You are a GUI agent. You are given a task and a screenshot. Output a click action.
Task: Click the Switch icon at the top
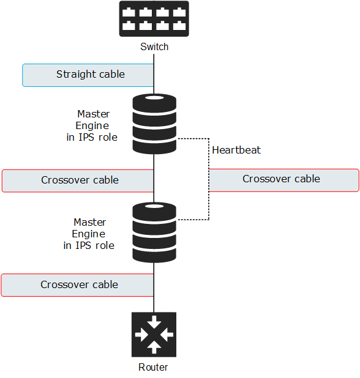(x=154, y=19)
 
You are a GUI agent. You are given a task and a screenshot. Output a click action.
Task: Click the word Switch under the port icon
(x=154, y=46)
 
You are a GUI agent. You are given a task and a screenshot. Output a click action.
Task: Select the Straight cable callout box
(x=88, y=75)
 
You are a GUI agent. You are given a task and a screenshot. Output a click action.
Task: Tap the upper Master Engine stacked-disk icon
(x=154, y=124)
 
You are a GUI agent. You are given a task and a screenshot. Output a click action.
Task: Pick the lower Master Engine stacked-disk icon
(x=154, y=232)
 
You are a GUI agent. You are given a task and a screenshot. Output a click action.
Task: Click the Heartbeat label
(x=236, y=150)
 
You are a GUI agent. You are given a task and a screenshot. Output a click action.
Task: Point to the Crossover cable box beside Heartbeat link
(x=284, y=180)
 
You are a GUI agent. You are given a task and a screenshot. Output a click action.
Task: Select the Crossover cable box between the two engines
(x=78, y=181)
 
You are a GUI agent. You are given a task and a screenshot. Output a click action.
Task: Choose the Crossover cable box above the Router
(x=78, y=285)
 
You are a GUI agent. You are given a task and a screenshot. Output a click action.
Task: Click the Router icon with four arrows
(x=154, y=335)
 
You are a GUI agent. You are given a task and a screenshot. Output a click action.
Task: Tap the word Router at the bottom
(x=153, y=367)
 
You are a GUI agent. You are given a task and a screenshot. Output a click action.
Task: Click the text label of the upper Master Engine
(x=92, y=125)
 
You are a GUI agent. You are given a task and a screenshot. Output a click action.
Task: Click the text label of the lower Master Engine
(x=89, y=234)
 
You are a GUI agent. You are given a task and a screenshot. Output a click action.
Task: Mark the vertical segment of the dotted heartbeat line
(x=209, y=179)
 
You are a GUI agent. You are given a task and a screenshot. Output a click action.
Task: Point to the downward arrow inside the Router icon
(x=154, y=322)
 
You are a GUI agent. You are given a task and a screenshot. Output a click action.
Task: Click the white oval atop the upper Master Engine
(x=154, y=98)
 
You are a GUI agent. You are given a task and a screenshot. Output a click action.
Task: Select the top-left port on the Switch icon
(x=129, y=12)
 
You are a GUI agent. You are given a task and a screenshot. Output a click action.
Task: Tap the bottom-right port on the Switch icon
(x=179, y=25)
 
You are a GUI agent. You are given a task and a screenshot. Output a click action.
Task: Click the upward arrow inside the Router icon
(x=154, y=347)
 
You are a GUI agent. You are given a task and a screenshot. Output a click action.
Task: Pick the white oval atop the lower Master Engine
(x=154, y=206)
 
